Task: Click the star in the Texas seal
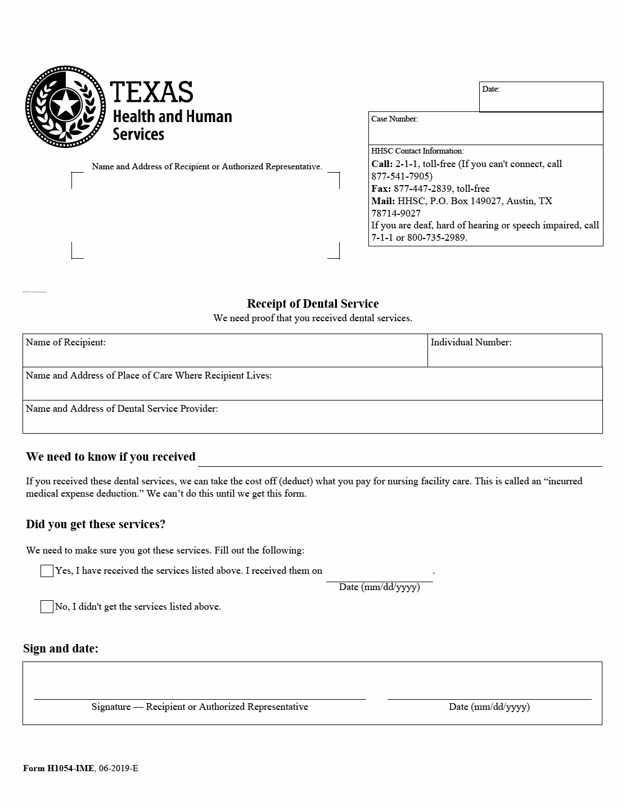click(x=64, y=105)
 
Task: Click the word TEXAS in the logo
click(x=152, y=92)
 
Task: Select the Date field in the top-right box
click(x=541, y=100)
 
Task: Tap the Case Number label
click(x=394, y=119)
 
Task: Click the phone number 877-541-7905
click(x=402, y=176)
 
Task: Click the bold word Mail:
click(x=382, y=201)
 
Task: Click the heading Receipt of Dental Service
click(x=313, y=304)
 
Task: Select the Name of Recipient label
click(x=65, y=342)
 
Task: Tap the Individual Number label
click(x=471, y=342)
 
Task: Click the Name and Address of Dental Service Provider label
click(x=121, y=408)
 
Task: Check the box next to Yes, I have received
click(x=47, y=571)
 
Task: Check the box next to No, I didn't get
click(x=47, y=607)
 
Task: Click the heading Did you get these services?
click(x=96, y=524)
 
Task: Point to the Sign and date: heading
click(x=61, y=649)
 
